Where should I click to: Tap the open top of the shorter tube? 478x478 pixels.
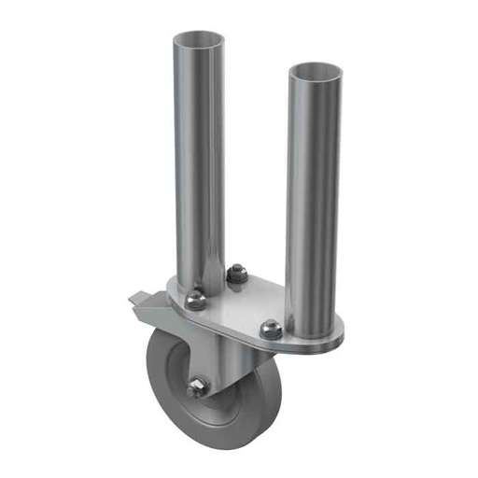314,71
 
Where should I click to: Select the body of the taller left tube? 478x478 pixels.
198,159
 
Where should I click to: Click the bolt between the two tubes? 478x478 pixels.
236,274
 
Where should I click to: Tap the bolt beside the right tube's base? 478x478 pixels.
271,328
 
